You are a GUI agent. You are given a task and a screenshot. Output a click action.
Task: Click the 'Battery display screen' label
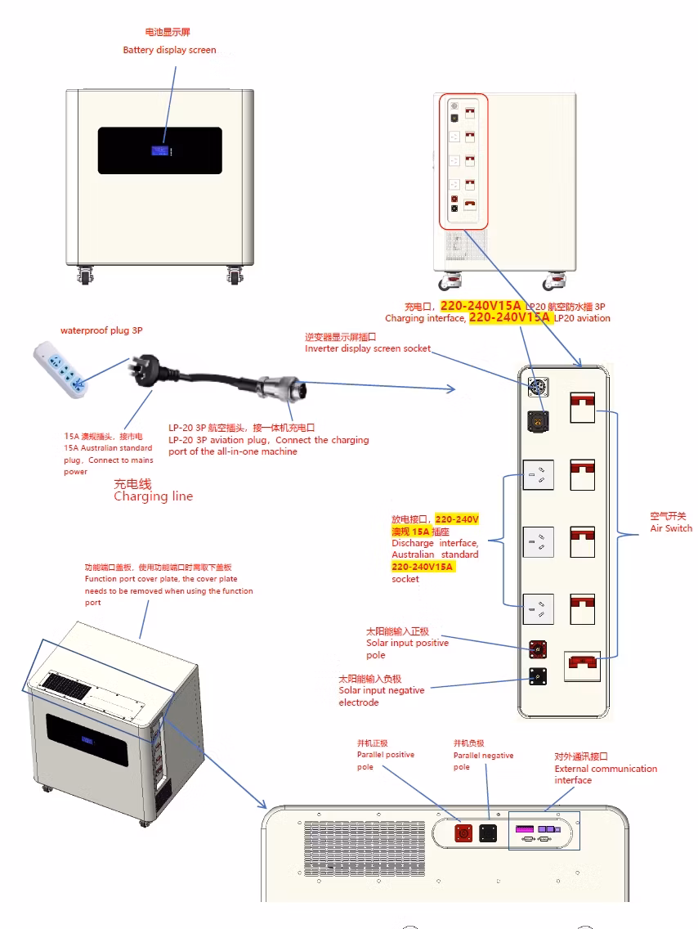point(169,50)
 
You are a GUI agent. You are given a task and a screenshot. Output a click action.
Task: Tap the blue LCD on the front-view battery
point(160,150)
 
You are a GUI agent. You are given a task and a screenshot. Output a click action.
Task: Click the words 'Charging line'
point(153,496)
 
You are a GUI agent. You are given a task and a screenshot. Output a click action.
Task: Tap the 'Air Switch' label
point(670,528)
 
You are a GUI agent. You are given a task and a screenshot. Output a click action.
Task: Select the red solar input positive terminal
point(537,649)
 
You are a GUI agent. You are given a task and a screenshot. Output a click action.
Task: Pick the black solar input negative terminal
point(537,675)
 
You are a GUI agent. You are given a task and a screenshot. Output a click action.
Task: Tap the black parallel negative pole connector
point(489,833)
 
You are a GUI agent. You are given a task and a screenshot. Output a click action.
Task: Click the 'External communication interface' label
point(605,774)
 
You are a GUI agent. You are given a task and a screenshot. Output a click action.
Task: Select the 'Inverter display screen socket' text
point(368,348)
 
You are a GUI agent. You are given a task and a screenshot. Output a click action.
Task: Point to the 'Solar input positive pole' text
point(407,649)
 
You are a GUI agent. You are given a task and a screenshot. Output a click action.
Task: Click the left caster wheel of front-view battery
point(85,276)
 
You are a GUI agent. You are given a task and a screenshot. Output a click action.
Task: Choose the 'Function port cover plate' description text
point(168,585)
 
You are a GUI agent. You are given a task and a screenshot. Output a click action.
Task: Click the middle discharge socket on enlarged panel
point(539,541)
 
